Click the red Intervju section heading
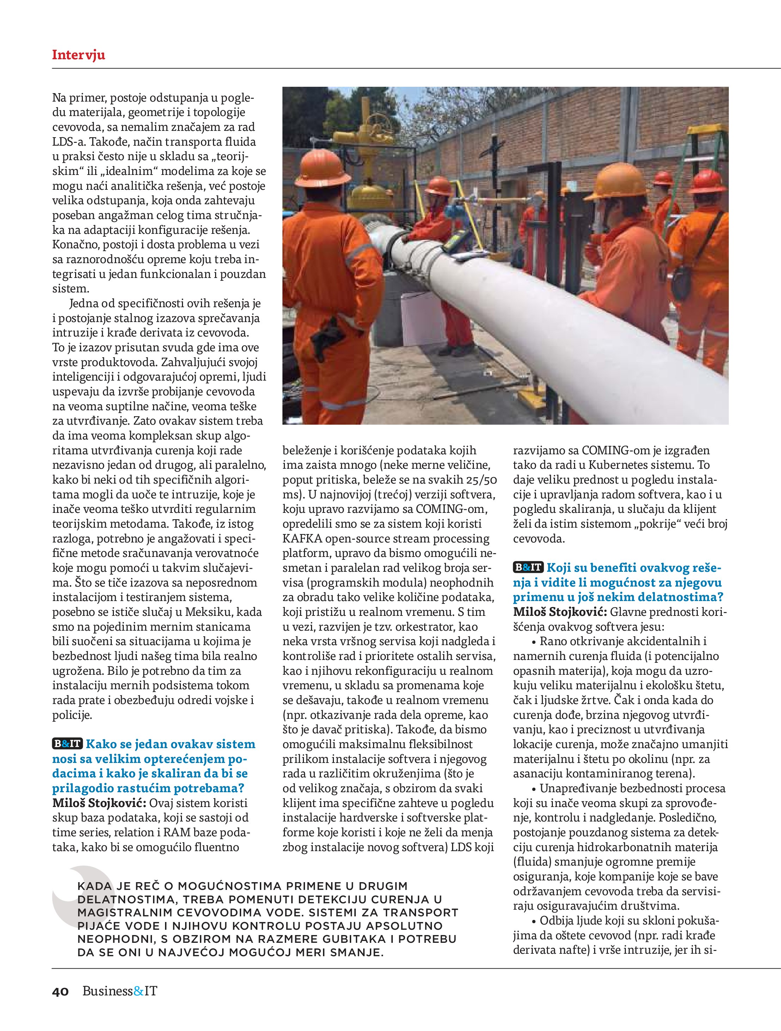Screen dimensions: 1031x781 [x=78, y=55]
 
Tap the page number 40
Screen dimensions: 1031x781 [x=61, y=1004]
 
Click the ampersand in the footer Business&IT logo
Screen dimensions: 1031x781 [x=139, y=1004]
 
